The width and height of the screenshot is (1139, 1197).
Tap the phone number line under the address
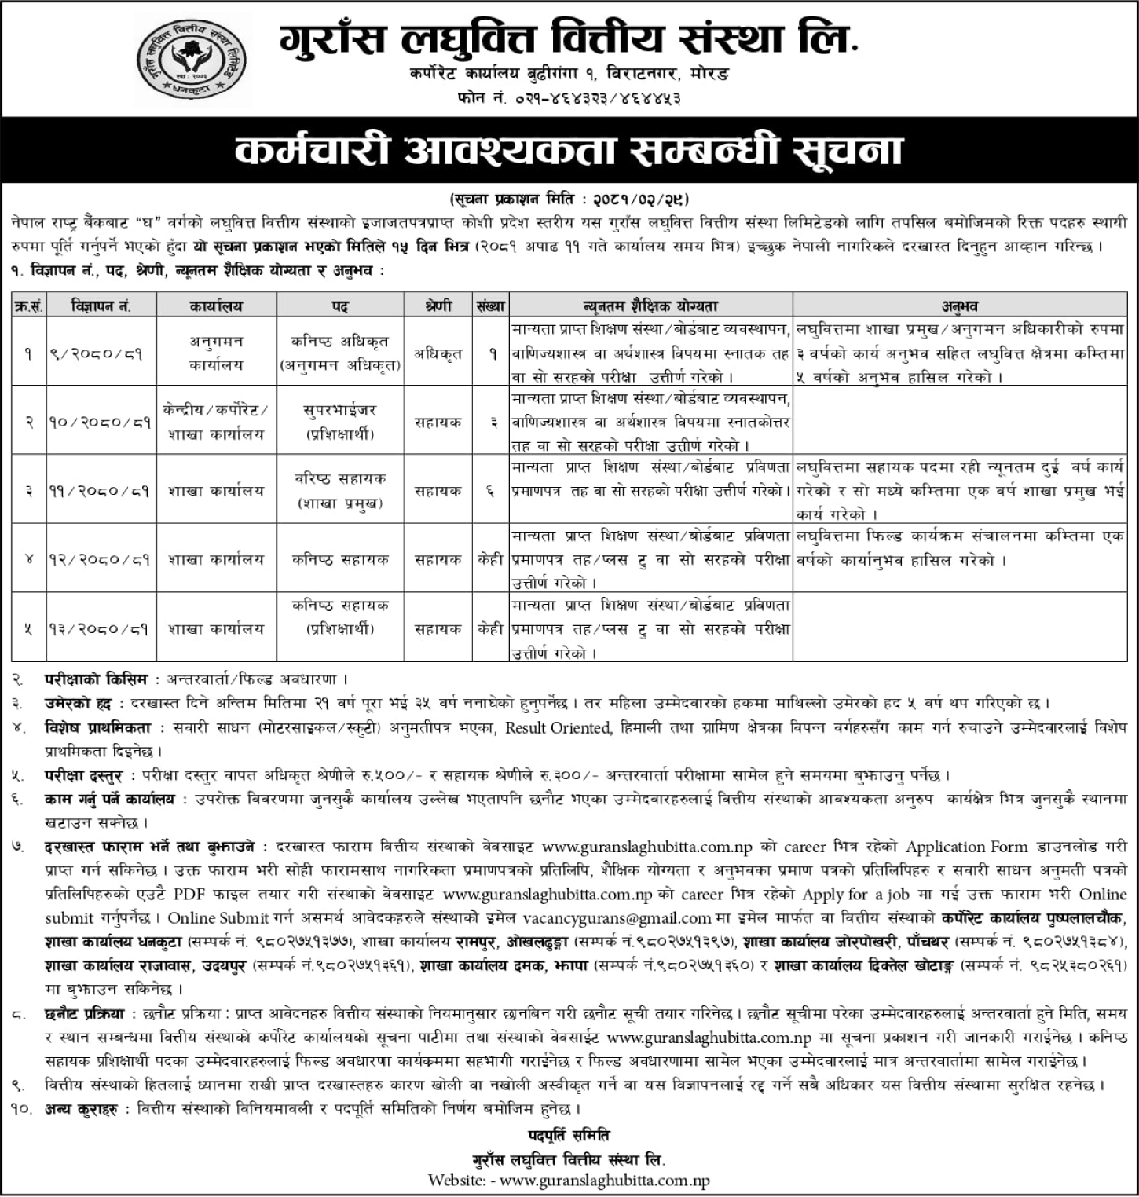pyautogui.click(x=568, y=98)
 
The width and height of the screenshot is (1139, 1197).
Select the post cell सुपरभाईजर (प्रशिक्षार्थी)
pyautogui.click(x=339, y=422)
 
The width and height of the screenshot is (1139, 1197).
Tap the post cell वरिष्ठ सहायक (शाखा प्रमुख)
pyautogui.click(x=339, y=490)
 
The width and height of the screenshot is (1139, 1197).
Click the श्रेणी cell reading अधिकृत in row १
pyautogui.click(x=438, y=353)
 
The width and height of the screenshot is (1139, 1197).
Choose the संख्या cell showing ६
pyautogui.click(x=492, y=490)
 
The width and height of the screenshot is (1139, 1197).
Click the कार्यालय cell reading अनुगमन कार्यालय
pyautogui.click(x=215, y=353)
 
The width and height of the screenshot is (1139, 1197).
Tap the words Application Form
pyautogui.click(x=967, y=847)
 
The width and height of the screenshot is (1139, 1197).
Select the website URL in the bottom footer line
pyautogui.click(x=605, y=1181)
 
